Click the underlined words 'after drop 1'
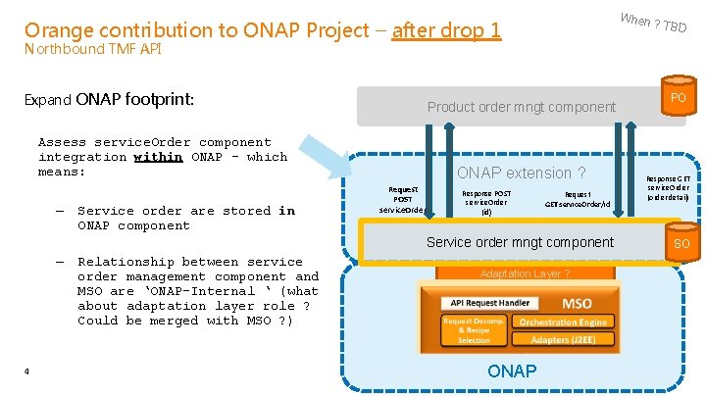coord(446,31)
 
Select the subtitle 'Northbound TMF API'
coord(92,49)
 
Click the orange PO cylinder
coord(678,99)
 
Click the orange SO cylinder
coord(681,243)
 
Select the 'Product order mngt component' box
coord(521,107)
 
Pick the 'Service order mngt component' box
coord(520,242)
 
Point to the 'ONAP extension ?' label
coord(521,173)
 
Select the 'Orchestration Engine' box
coord(562,322)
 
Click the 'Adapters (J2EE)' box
coord(562,340)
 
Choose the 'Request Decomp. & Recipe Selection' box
coord(474,330)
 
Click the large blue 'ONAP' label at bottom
coord(512,371)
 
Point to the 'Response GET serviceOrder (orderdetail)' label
coord(668,188)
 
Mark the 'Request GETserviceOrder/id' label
coord(578,199)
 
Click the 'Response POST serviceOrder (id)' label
coord(486,202)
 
